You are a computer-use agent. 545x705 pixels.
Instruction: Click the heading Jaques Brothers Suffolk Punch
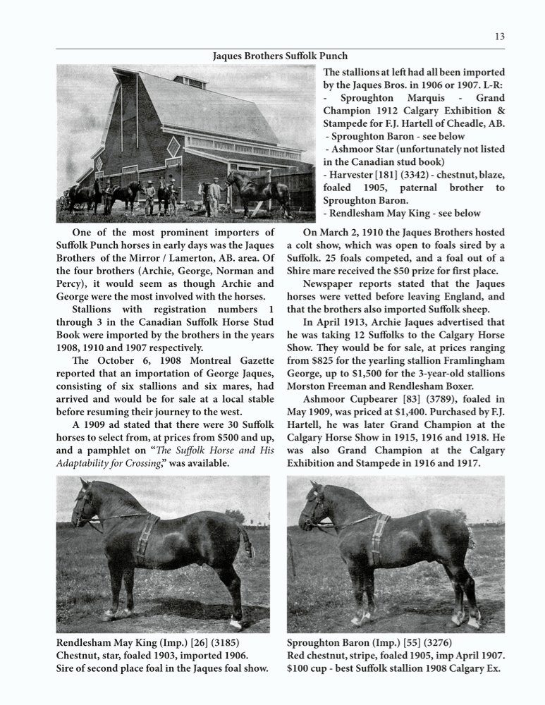coord(280,56)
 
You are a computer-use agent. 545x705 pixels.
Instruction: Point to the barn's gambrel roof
coord(204,106)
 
